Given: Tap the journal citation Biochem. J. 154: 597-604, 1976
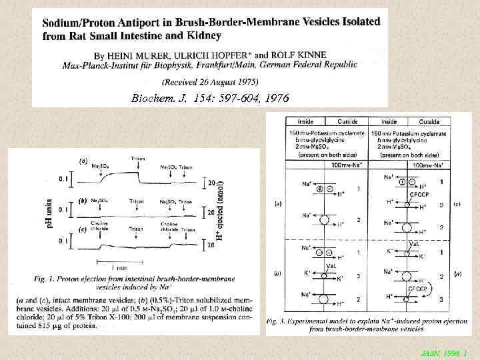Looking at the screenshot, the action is [x=210, y=98].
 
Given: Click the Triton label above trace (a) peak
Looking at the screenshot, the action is [x=138, y=159].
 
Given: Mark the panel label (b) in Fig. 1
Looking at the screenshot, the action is [x=82, y=199].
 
